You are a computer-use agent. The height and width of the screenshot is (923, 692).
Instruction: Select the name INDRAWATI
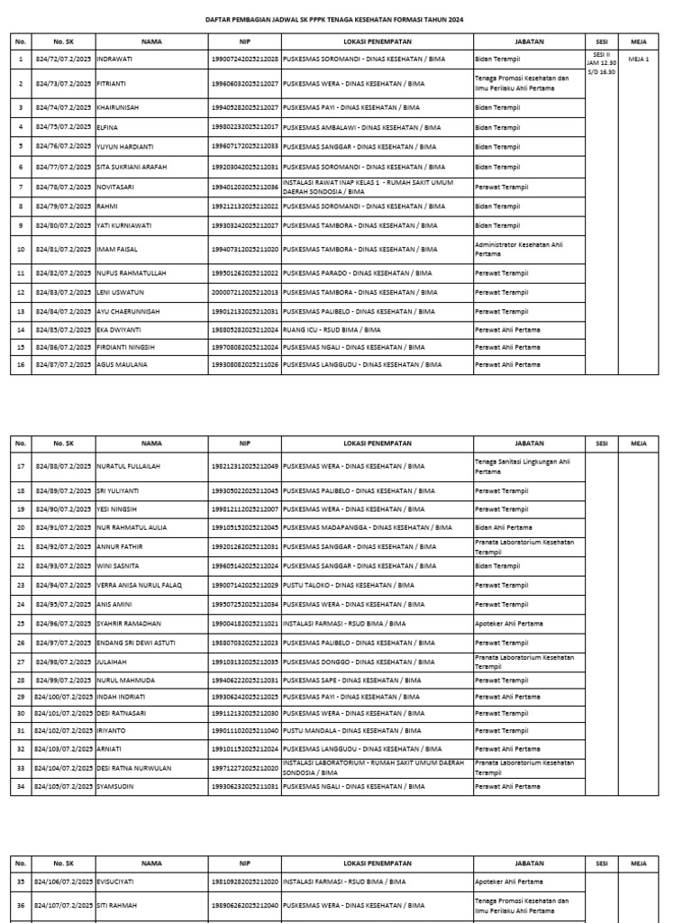115,59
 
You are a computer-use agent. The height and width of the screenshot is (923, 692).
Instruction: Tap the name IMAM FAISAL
118,249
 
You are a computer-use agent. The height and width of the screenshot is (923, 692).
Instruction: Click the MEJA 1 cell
638,59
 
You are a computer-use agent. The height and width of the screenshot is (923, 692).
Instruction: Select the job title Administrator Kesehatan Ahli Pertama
520,249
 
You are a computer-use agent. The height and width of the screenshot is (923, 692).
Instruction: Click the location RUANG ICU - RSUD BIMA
332,330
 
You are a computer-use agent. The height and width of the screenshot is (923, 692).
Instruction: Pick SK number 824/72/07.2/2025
63,59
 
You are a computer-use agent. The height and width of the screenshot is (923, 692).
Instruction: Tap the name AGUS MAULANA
122,365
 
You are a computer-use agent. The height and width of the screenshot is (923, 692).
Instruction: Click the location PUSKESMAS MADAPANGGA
367,527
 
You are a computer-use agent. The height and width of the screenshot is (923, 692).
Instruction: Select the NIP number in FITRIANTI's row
245,84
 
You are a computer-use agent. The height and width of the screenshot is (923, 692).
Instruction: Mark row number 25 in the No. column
21,624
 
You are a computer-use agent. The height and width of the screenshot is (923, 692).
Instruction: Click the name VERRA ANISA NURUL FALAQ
139,585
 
